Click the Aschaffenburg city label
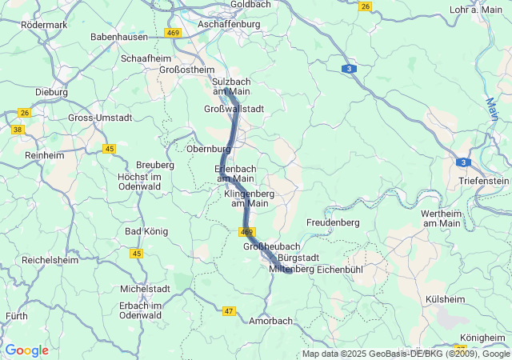[230, 25]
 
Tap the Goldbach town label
[250, 5]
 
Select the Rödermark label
[45, 25]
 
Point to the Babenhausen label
[120, 37]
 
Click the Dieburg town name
[51, 92]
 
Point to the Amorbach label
[270, 321]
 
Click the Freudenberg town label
[333, 222]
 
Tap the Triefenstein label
[483, 182]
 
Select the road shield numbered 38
[18, 129]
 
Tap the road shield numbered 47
[229, 310]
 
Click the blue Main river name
[491, 111]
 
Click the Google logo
[26, 350]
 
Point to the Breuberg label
[155, 165]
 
